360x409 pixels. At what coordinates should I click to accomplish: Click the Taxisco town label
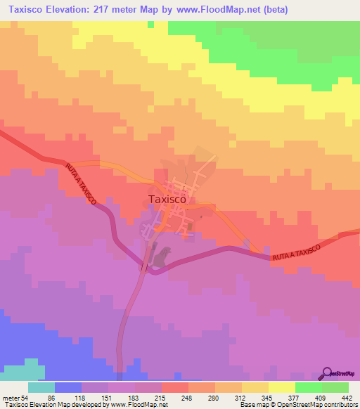[x=167, y=199]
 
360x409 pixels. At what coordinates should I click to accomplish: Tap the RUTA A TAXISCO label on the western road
[x=81, y=185]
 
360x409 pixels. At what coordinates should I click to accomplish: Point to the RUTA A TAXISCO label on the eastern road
[x=295, y=252]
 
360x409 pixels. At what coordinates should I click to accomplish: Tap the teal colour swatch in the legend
[x=41, y=387]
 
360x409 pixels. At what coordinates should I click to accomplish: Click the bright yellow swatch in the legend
[x=282, y=387]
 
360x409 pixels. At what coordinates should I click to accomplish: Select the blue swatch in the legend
[x=68, y=387]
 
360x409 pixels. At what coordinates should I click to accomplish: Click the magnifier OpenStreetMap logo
[x=327, y=373]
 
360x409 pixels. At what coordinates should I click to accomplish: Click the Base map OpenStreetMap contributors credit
[x=295, y=405]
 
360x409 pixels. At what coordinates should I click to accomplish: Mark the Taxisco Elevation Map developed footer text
[x=63, y=405]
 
